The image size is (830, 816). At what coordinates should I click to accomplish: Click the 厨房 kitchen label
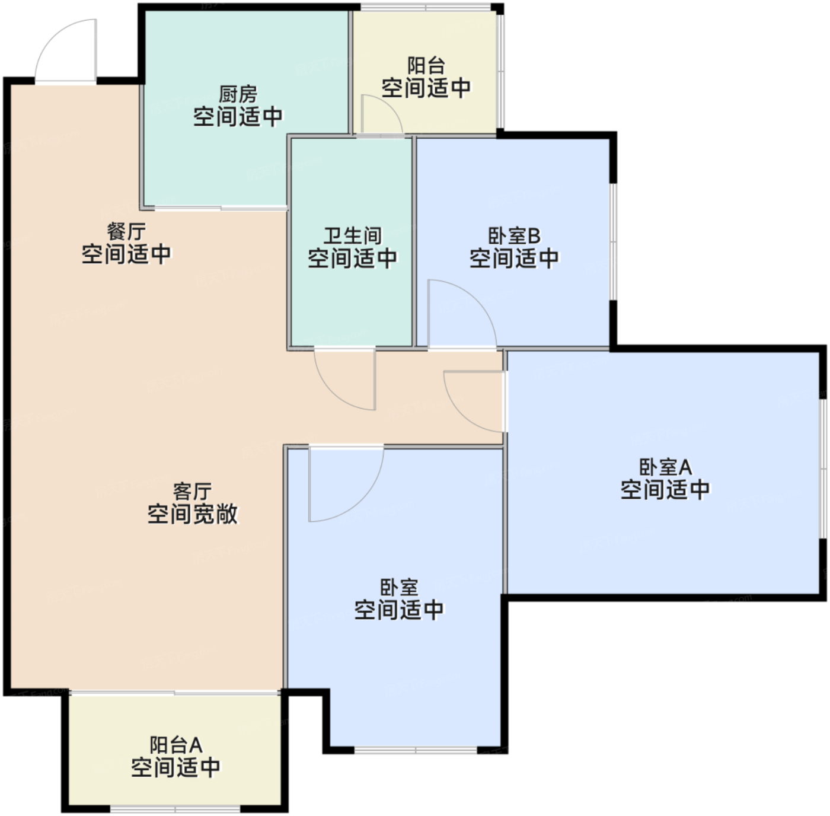click(x=238, y=94)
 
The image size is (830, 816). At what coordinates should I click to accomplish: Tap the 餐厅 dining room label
click(x=126, y=231)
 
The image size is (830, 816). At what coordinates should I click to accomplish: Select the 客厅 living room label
click(x=192, y=491)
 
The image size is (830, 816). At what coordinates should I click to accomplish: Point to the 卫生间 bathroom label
click(x=352, y=235)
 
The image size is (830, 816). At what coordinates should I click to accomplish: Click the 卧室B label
click(x=514, y=235)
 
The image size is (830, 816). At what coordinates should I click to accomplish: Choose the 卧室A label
click(x=665, y=467)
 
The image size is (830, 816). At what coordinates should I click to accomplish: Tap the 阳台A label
click(x=175, y=744)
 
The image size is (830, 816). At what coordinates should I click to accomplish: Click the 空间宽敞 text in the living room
click(x=192, y=514)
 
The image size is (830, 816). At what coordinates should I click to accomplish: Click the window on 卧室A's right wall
click(x=824, y=468)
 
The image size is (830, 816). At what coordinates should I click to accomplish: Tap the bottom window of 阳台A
click(x=175, y=809)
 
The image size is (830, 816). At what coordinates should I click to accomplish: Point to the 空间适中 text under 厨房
click(x=238, y=117)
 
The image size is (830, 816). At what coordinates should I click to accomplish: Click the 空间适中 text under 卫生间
click(x=352, y=259)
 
